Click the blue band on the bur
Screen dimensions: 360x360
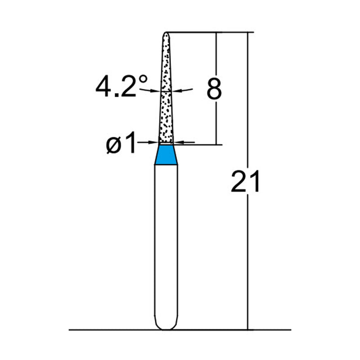(166, 155)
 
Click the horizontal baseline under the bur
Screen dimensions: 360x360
(112, 330)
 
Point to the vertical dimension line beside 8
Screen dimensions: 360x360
(217, 121)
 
